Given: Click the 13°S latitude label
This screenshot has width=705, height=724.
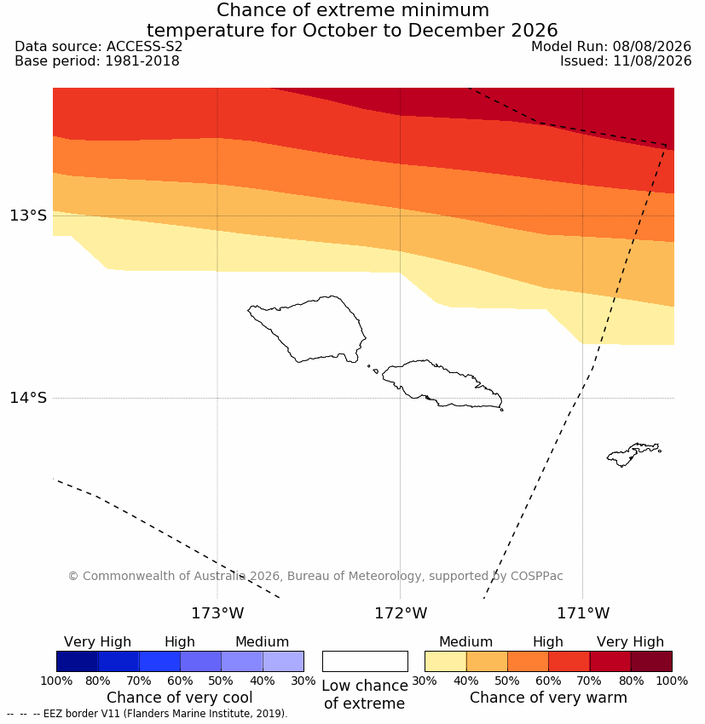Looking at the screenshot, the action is pos(29,215).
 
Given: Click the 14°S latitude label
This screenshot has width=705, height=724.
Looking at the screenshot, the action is pos(29,398).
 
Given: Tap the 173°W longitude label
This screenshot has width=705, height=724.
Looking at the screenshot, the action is pos(217,613).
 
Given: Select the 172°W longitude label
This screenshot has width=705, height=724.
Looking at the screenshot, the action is pos(400,613).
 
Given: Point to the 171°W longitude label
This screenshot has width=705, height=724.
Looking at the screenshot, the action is pos(582,613).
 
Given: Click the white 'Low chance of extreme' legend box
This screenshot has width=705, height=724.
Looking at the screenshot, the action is pos(365,661).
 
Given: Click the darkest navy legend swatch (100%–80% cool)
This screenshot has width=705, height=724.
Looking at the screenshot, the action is pos(78,661).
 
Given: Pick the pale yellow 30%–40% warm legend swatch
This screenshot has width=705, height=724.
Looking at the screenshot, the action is pos(445,661).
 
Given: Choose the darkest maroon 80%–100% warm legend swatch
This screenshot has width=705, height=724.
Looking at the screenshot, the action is pos(651,661).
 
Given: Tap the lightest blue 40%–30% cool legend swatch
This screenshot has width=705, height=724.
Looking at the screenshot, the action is pos(283,661).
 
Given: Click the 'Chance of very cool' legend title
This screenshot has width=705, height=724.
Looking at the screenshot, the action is pos(179,698).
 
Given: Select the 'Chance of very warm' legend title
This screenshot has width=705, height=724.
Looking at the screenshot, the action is pos(548,698).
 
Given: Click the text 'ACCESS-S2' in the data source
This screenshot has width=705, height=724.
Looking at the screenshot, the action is pos(145,47).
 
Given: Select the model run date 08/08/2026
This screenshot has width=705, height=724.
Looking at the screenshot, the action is pos(652,47).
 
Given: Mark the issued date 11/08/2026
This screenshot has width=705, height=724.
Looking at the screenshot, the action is pos(652,61).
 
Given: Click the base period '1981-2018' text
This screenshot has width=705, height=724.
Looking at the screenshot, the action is pos(142,61).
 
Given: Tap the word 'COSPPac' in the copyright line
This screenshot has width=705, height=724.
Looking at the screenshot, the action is pos(536,576).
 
